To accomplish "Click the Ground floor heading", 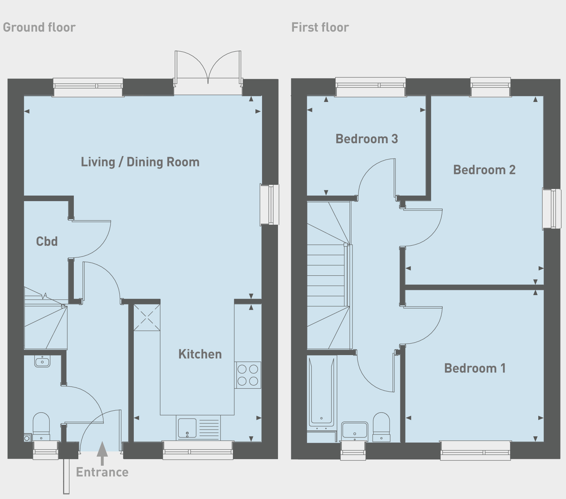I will coord(39,27).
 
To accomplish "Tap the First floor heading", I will coord(320,27).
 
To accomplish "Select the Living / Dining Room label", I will coord(140,162).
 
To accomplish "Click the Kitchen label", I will coord(200,354).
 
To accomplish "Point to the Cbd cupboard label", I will coord(47,241).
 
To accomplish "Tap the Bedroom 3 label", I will coord(367,139).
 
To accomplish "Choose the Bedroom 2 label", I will coord(484,170).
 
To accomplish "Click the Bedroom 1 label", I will coord(475,368).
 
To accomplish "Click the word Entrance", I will coord(102,472).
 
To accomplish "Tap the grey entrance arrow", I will coord(102,453).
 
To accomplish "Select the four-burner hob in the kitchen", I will coord(248,375).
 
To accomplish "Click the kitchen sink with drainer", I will coord(198,428).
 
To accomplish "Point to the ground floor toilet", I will coord(41,426).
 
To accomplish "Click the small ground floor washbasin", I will coord(42,361).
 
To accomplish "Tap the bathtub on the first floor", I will coord(322,392).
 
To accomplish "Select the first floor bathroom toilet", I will coord(381,427).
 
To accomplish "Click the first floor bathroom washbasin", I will coord(355,430).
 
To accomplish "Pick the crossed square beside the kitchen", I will coord(147,317).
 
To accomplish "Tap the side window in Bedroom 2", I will coord(551,208).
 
